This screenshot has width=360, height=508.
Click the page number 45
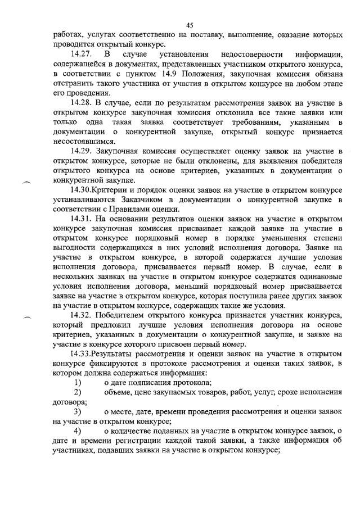[190, 25]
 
